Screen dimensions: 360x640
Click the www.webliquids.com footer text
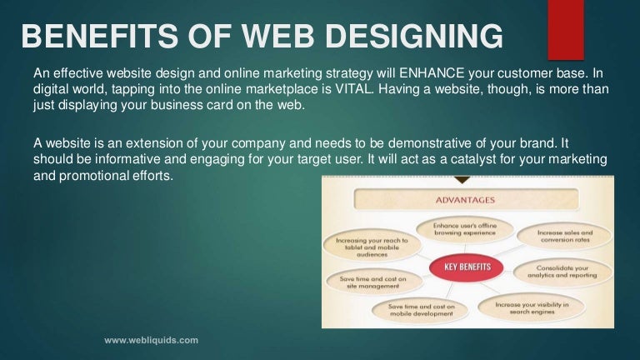click(151, 340)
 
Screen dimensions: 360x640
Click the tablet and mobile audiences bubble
click(370, 245)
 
